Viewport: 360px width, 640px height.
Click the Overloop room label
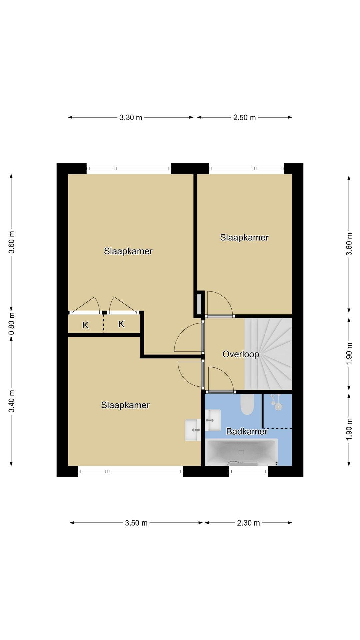[241, 354]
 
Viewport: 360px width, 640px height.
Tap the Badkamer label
[247, 431]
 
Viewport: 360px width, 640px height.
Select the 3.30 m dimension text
[131, 117]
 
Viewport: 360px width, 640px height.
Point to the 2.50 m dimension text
[244, 117]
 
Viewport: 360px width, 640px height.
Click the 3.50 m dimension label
[136, 523]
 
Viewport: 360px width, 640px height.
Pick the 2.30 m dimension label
[248, 523]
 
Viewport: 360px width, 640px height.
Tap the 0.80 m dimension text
[12, 324]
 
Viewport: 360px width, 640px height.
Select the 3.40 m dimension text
[12, 401]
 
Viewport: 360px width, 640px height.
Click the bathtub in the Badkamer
[241, 452]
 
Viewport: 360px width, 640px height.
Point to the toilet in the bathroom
[247, 404]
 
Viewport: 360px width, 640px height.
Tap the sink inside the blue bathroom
[213, 420]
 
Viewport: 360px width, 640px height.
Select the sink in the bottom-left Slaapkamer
[193, 430]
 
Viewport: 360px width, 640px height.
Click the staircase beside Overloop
[268, 354]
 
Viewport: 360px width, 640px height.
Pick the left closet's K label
[85, 325]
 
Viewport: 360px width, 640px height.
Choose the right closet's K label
[121, 324]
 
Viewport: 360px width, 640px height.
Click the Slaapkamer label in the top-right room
[244, 237]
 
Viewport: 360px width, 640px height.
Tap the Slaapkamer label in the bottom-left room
[125, 405]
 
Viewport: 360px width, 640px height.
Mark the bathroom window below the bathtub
[248, 471]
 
